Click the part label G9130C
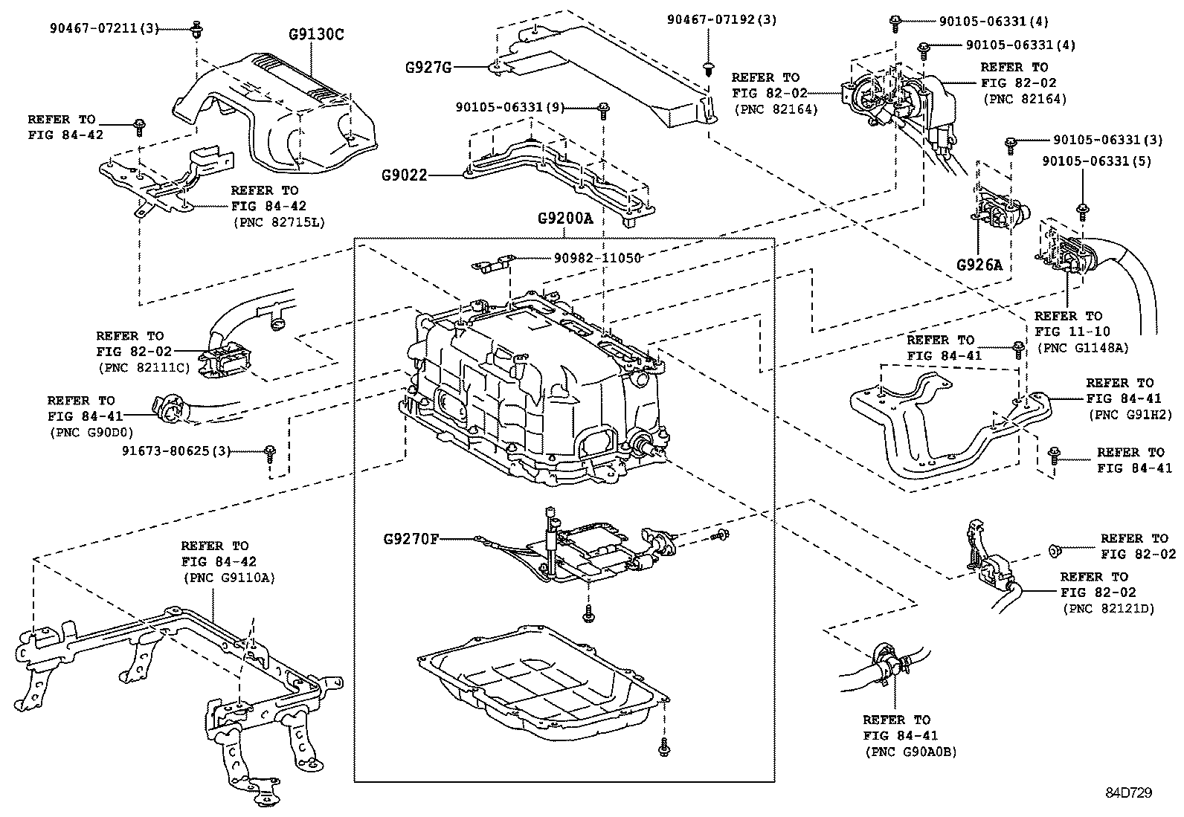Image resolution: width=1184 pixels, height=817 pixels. coord(317,34)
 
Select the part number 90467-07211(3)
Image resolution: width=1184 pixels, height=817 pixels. coord(105,29)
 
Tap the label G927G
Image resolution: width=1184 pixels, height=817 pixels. coord(428,67)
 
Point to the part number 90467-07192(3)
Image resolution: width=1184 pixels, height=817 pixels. coord(721,20)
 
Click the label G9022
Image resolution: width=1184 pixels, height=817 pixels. coord(405,175)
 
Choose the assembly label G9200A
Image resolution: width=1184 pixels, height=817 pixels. coord(564,220)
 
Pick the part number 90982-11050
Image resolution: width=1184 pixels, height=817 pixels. coord(597,257)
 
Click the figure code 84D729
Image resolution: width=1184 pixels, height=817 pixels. coord(1128,792)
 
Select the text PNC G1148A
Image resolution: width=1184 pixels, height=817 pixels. coord(1081,347)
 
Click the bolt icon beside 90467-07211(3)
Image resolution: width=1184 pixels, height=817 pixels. coord(197,30)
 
